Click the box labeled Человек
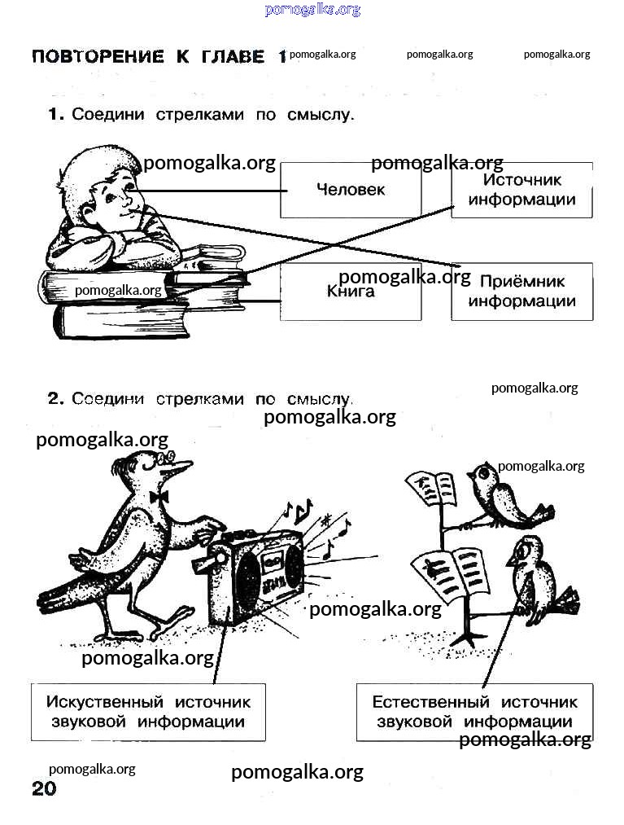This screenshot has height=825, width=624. click(x=351, y=190)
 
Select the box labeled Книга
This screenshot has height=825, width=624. click(x=351, y=292)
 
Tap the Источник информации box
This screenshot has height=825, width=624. click(x=521, y=190)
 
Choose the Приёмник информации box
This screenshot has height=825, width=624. click(x=521, y=292)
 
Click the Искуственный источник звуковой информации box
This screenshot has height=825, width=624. click(x=148, y=712)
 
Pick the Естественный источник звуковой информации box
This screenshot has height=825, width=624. click(x=474, y=712)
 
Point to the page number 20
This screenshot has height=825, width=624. click(x=44, y=788)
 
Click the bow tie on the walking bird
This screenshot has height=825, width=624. click(x=159, y=495)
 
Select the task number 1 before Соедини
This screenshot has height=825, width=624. click(x=55, y=115)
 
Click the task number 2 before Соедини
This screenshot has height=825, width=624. click(x=55, y=399)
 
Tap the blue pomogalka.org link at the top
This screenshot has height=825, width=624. click(x=312, y=10)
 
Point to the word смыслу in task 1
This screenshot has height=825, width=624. click(x=321, y=115)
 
